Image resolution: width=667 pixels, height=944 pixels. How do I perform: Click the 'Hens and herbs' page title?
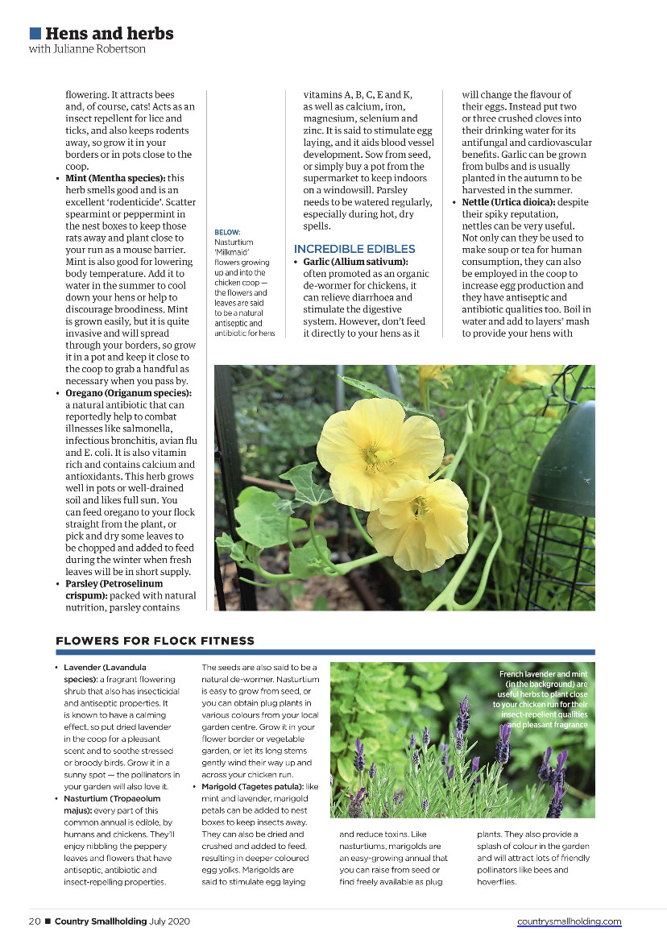pos(109,34)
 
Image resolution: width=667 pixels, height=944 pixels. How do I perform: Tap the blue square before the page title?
pos(35,33)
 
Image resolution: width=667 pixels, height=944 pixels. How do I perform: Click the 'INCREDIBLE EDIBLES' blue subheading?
pos(354,250)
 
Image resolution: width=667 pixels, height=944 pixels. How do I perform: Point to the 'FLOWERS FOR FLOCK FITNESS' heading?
pos(155,641)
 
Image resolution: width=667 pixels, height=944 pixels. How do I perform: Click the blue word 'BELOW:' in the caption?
pos(227,232)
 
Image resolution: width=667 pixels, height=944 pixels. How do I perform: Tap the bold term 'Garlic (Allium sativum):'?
pos(355,263)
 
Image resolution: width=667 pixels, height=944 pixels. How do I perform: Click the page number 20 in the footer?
pos(35,921)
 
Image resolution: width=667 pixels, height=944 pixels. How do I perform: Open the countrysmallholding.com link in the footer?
pos(569,921)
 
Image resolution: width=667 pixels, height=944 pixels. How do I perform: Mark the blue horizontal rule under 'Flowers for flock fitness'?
pos(325,652)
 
